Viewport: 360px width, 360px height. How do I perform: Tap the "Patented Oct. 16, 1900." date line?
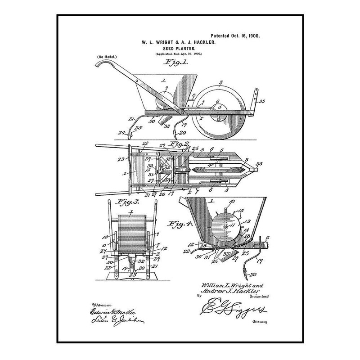pyautogui.click(x=235, y=35)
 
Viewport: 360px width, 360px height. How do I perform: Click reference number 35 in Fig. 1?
pyautogui.click(x=262, y=102)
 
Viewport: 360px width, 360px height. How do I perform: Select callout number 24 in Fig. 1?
pyautogui.click(x=120, y=132)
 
